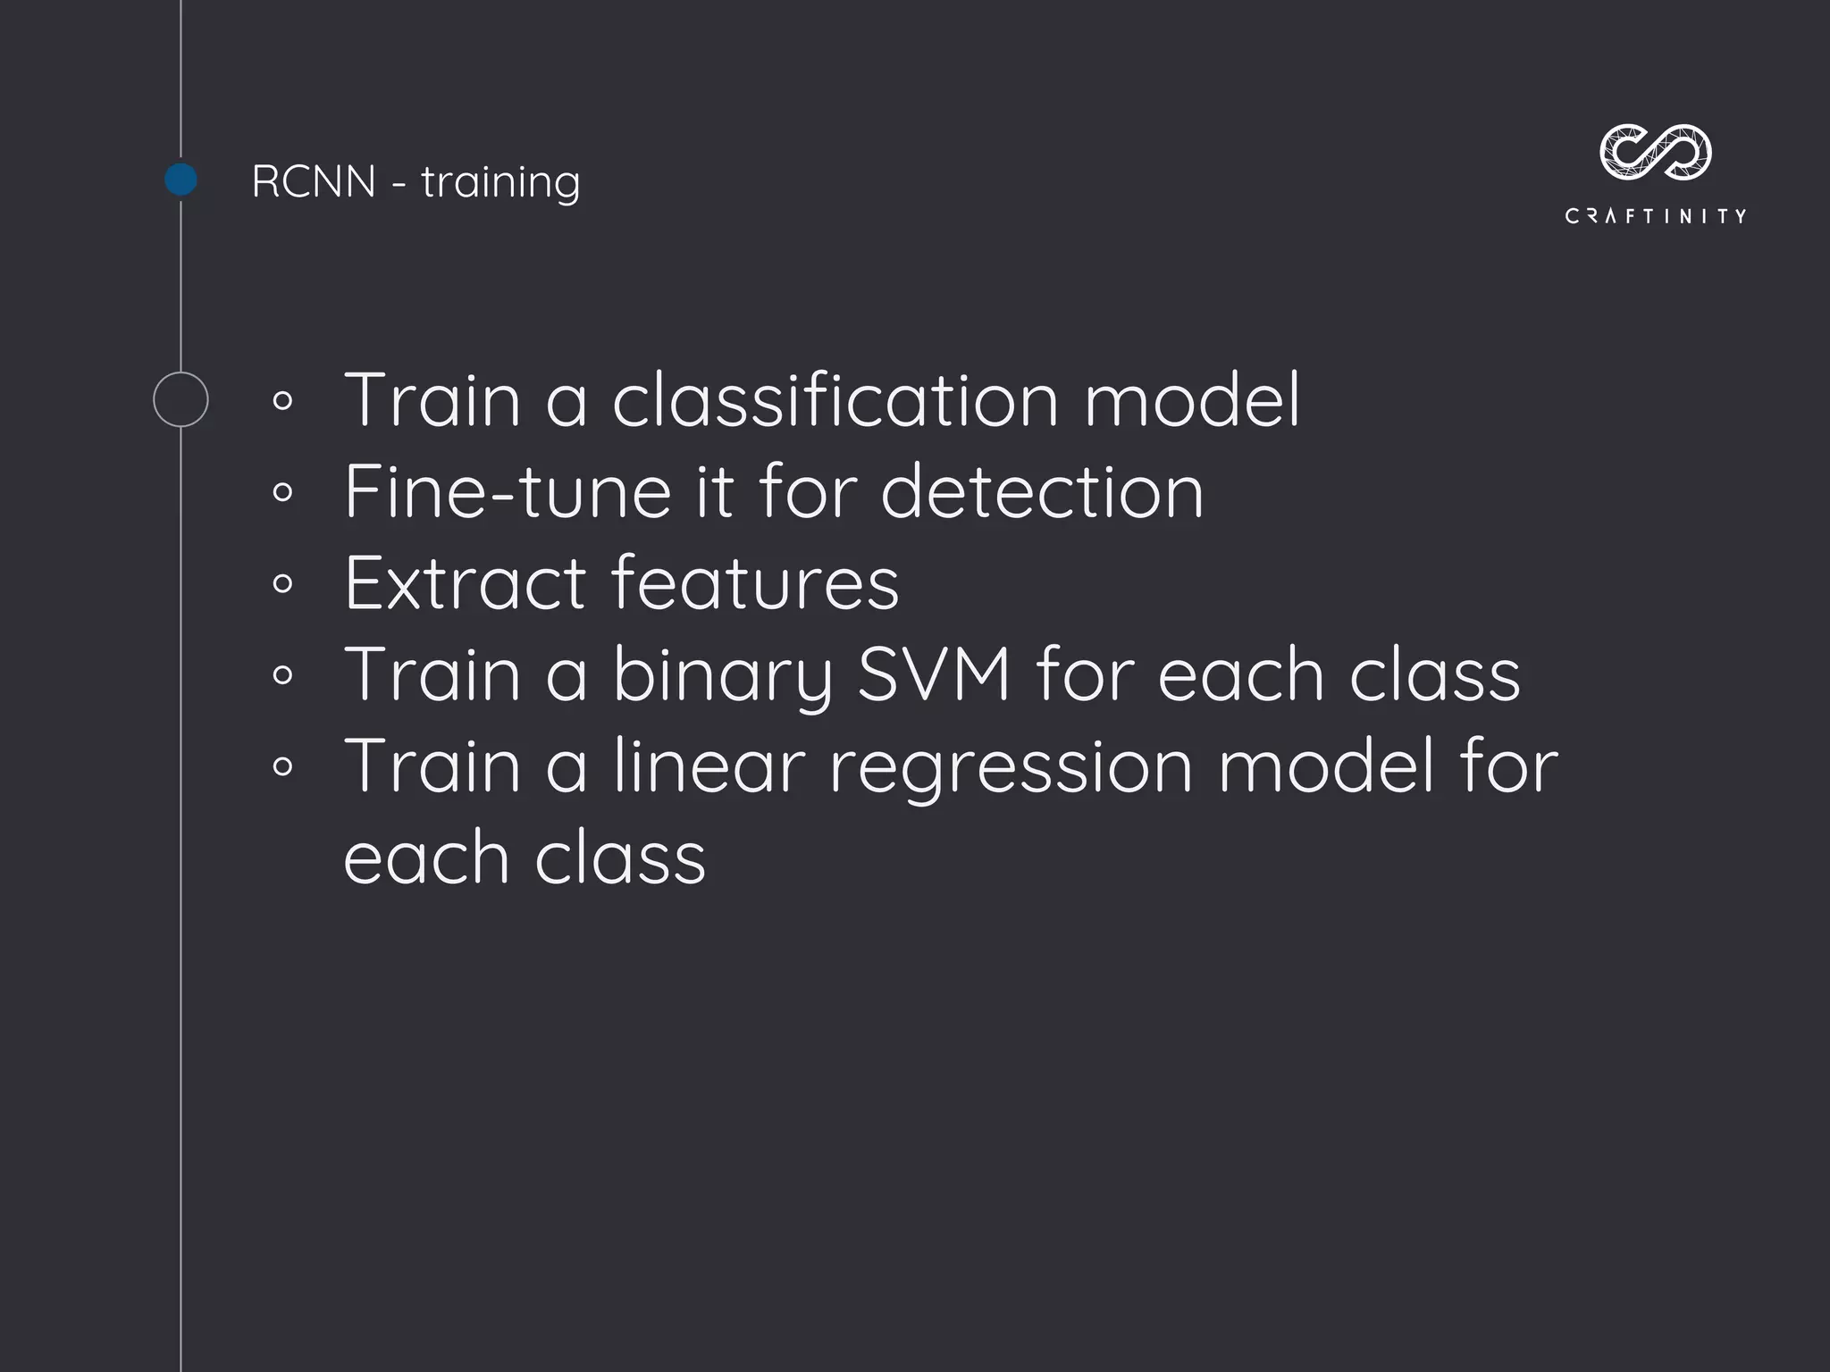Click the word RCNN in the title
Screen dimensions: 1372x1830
314,182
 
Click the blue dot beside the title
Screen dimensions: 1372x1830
181,180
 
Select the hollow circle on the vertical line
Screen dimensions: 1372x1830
180,399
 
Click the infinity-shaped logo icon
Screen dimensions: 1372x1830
1655,151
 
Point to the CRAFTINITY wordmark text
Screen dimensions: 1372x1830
1655,216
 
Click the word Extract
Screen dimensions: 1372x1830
465,583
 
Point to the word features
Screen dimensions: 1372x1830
755,583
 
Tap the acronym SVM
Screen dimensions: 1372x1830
934,674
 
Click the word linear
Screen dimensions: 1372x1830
709,766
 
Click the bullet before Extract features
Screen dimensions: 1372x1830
282,584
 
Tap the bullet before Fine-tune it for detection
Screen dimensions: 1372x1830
282,492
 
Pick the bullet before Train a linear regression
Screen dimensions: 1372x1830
282,766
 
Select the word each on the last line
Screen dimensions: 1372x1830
425,858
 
